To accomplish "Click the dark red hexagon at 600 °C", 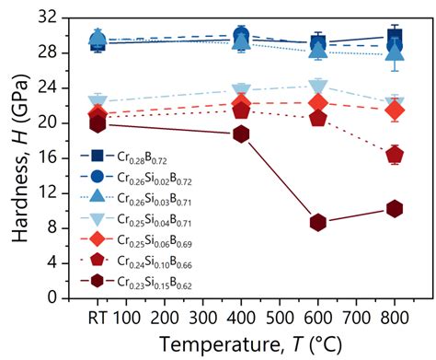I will pos(318,222).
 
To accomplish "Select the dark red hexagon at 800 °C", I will pos(395,209).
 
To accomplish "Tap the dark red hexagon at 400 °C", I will pos(242,134).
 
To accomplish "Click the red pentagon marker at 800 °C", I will pos(395,154).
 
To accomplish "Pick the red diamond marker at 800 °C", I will pos(395,110).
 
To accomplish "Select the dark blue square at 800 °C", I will pos(395,37).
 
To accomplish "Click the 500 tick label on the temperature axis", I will pos(280,318).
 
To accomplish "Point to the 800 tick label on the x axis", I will pos(395,318).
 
